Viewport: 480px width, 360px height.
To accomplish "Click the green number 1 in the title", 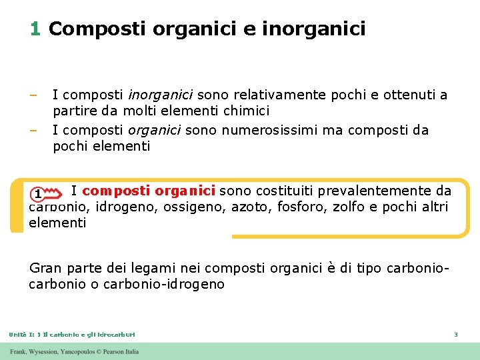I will coord(35,29).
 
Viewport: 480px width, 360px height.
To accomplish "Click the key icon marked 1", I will coord(41,193).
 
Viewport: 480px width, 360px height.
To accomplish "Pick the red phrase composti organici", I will coord(148,191).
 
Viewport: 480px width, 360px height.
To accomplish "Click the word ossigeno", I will coord(199,207).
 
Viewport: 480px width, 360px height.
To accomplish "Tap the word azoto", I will coord(248,207).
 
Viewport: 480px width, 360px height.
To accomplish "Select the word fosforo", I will coord(297,207).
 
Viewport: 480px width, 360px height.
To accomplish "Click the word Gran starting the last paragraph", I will coord(44,268).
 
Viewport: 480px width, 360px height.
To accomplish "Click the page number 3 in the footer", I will coord(455,334).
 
